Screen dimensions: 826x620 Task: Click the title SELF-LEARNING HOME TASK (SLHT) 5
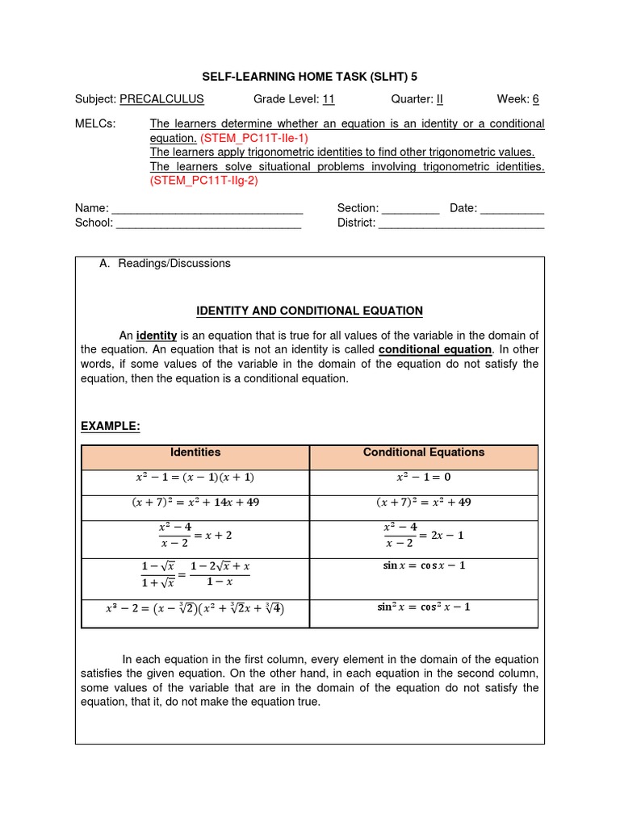coord(310,76)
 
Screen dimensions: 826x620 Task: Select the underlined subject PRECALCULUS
coord(161,99)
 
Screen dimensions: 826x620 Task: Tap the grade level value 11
coord(329,99)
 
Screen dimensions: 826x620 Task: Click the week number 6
coord(535,99)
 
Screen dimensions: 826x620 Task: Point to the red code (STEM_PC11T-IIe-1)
coord(254,138)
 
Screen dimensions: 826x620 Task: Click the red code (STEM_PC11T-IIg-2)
coord(204,181)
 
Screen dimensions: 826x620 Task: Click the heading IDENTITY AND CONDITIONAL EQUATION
coord(310,311)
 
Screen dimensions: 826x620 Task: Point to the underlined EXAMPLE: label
coord(111,426)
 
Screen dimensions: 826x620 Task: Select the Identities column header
coord(195,453)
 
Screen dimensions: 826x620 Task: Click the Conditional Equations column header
coord(424,453)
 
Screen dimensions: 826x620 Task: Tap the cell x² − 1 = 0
coord(424,478)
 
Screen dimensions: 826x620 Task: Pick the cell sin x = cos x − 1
coord(424,565)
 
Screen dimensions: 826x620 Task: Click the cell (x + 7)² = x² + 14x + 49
coord(195,503)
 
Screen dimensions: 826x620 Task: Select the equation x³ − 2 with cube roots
coord(195,608)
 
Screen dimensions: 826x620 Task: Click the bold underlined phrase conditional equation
coord(435,349)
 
